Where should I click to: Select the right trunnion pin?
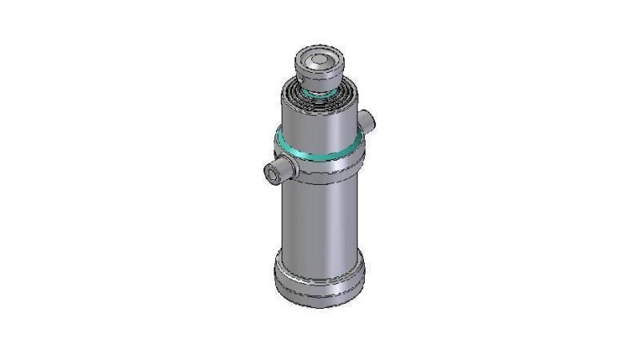pyautogui.click(x=366, y=120)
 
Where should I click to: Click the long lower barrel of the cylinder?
pyautogui.click(x=319, y=220)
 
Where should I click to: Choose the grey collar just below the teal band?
pyautogui.click(x=319, y=167)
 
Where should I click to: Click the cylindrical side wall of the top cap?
pyautogui.click(x=320, y=76)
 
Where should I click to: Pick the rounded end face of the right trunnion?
pyautogui.click(x=370, y=121)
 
